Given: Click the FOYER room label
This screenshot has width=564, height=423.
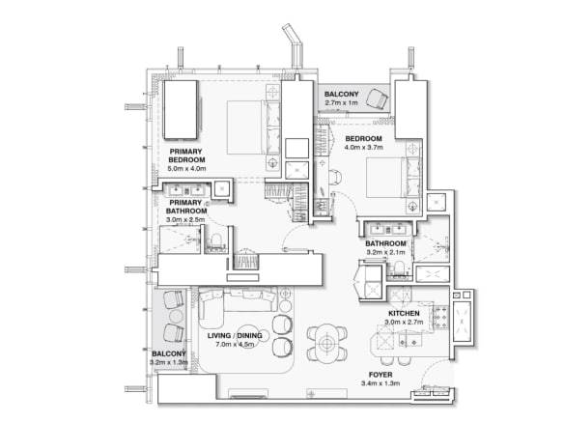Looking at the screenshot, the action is point(381,375).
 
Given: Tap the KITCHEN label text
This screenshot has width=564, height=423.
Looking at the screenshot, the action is point(404,313).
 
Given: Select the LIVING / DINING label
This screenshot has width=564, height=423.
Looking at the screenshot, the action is point(235,335).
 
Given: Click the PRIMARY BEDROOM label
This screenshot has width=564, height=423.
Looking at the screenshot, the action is point(186,155).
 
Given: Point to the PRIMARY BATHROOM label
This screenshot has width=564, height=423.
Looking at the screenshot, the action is point(186,207).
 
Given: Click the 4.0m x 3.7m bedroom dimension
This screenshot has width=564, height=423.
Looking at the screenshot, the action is point(364,147).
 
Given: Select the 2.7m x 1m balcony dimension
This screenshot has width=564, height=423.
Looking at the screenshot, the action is point(341,102).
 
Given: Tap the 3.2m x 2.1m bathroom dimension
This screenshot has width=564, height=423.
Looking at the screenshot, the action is point(385,252).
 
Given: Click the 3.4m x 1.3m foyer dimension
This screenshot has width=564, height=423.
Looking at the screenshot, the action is point(381,383).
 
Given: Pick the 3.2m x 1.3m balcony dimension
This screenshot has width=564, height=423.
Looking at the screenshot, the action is point(169,362).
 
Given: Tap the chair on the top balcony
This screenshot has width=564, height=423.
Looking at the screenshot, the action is point(377,98).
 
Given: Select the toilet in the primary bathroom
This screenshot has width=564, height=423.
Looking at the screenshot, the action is point(215,240).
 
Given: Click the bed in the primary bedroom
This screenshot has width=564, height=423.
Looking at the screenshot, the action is point(254,127).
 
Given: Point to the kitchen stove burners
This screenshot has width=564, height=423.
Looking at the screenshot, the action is point(440,317).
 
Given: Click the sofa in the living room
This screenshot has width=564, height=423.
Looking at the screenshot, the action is point(238,302).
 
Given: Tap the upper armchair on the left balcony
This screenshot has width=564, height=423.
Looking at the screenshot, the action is point(174,299).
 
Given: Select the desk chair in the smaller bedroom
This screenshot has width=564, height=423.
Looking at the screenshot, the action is point(335,177).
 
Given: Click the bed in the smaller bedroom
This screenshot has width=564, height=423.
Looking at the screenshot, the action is point(393,178).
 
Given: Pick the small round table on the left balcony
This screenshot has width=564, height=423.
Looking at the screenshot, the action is point(176,316).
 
